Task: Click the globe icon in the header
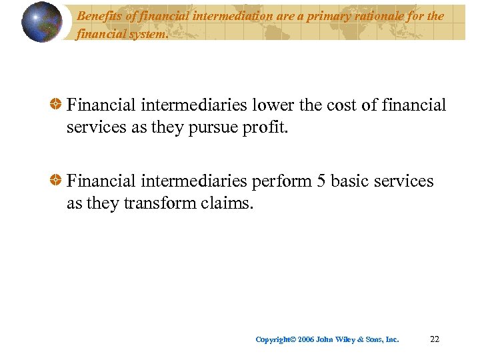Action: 42,22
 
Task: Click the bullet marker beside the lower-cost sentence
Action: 57,105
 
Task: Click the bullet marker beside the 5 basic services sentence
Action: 57,181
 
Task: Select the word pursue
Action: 204,127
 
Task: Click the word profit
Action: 261,127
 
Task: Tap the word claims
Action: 227,203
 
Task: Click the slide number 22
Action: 435,339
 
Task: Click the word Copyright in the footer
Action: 274,340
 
